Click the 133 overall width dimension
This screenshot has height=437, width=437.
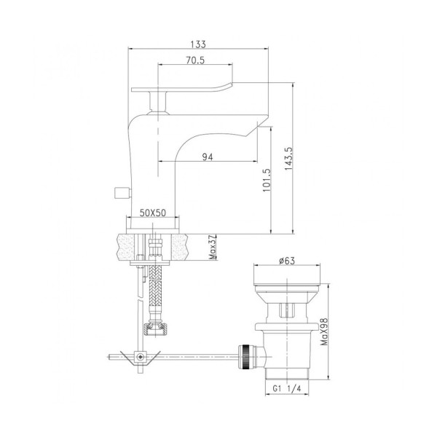coord(198,44)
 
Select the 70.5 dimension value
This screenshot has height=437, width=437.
coord(195,60)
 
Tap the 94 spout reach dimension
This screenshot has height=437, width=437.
coord(208,157)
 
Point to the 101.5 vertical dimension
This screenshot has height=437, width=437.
coord(267,180)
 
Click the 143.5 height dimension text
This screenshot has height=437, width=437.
coord(288,159)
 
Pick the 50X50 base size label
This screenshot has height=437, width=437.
coord(153,213)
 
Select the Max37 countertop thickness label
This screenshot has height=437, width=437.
coord(213,248)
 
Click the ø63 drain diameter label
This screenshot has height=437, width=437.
coord(287,261)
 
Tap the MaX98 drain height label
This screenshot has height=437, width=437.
coord(324,331)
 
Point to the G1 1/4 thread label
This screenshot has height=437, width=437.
coord(287,388)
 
